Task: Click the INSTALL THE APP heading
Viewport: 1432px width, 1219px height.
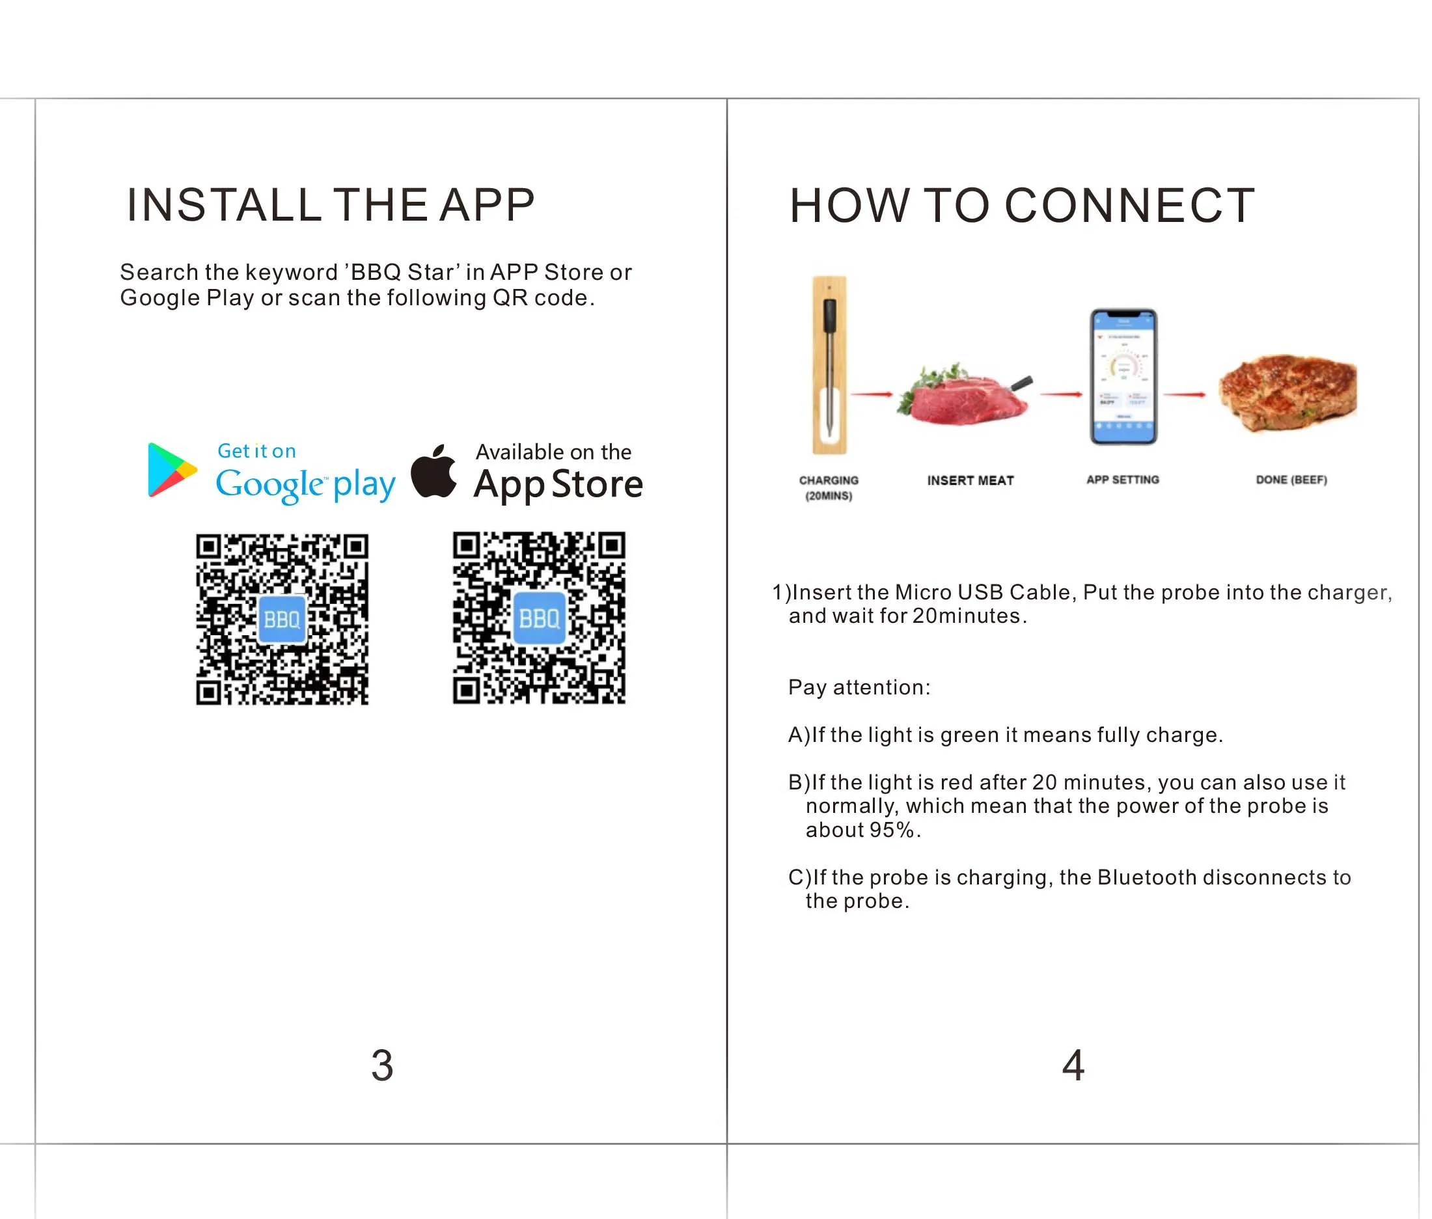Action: pyautogui.click(x=331, y=204)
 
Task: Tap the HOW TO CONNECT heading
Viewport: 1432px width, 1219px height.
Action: pyautogui.click(x=1021, y=205)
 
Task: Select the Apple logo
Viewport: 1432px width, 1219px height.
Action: pyautogui.click(x=434, y=471)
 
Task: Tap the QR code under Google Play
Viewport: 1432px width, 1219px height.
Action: pyautogui.click(x=282, y=619)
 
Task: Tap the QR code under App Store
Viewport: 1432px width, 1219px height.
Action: pyautogui.click(x=539, y=618)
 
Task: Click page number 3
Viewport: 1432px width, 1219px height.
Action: pyautogui.click(x=382, y=1065)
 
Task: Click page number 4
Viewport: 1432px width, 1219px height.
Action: pyautogui.click(x=1073, y=1065)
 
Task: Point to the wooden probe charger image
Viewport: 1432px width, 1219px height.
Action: pyautogui.click(x=829, y=365)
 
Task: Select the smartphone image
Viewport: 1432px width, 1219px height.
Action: pyautogui.click(x=1123, y=377)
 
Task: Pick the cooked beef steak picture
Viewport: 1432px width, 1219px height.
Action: pyautogui.click(x=1287, y=394)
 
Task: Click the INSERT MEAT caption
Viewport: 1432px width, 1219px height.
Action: pyautogui.click(x=971, y=480)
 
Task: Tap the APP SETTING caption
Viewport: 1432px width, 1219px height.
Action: pyautogui.click(x=1122, y=480)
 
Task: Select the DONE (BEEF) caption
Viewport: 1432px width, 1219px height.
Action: pyautogui.click(x=1291, y=480)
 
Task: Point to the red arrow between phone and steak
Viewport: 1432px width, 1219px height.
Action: pyautogui.click(x=1185, y=394)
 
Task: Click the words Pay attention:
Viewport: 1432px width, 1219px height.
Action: pyautogui.click(x=859, y=687)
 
